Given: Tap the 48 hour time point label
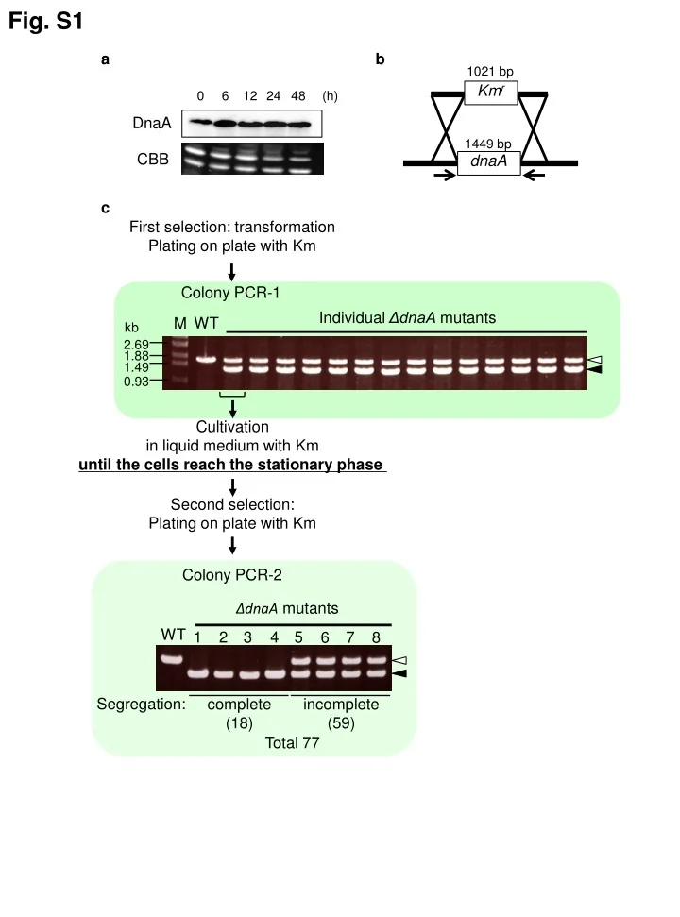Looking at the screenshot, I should [x=299, y=96].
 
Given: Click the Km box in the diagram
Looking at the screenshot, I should [x=490, y=92].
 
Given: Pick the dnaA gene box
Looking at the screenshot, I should [x=488, y=162].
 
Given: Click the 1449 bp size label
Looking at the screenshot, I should [x=488, y=144].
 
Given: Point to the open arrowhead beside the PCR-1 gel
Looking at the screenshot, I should [x=594, y=360].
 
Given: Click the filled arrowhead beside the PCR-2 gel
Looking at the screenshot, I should [x=400, y=673].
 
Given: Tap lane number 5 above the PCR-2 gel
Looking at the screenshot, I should [x=298, y=637].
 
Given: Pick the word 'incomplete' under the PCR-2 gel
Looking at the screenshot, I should [x=341, y=705].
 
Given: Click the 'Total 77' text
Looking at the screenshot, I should [x=293, y=743].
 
